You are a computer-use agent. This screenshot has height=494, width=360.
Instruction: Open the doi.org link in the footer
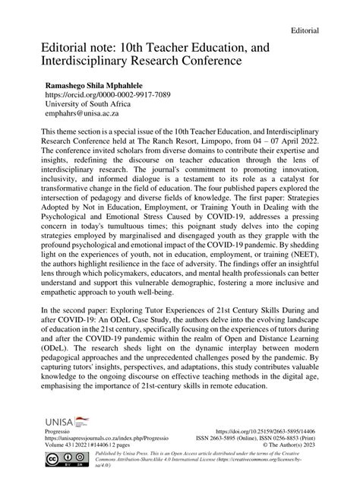267,431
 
